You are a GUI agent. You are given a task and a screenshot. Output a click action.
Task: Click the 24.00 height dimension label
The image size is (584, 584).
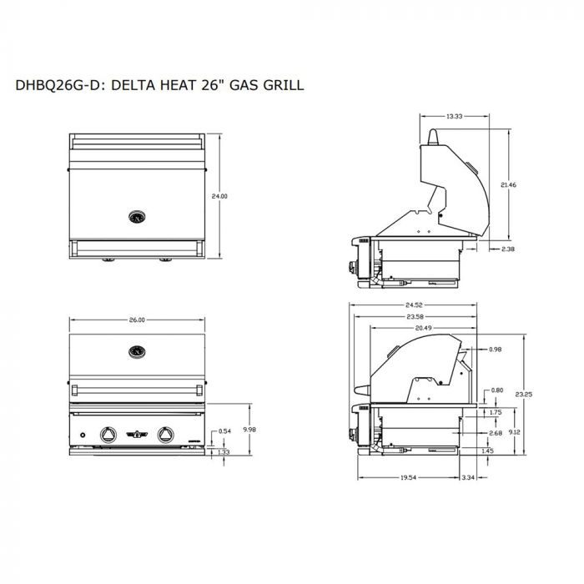point(219,196)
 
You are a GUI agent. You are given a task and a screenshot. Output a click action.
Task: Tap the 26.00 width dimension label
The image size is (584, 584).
point(137,320)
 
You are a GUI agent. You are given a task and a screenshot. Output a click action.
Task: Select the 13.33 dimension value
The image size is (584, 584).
point(455,116)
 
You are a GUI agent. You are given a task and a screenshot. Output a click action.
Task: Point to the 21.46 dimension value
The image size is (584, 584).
point(508,184)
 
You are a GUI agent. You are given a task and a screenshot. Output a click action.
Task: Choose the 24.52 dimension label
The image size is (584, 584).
point(414,305)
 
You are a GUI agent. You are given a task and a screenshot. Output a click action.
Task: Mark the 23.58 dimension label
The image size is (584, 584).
point(415,317)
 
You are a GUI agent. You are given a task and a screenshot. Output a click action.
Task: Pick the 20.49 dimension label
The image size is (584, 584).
point(424,328)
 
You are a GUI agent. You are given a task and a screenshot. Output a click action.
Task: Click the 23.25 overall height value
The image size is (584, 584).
point(524,394)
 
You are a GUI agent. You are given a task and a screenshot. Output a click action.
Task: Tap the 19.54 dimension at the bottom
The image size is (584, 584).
point(408,477)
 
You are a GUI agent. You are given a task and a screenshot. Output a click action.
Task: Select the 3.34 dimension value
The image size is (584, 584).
point(468,477)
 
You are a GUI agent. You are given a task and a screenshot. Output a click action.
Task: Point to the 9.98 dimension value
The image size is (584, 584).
point(249,430)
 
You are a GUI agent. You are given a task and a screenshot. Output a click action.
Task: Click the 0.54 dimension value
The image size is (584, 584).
point(224,431)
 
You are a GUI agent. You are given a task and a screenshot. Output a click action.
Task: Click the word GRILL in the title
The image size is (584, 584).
point(284,85)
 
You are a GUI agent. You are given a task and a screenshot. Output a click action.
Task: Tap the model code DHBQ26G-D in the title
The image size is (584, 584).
point(58,85)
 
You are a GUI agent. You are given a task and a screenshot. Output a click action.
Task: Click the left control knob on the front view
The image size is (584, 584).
point(108,435)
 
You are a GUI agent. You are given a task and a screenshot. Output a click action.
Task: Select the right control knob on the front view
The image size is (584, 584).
point(165,435)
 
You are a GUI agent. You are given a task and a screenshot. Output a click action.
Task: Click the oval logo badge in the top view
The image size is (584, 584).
point(137,217)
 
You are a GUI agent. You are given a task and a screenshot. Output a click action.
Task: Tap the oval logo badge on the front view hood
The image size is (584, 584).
point(137,351)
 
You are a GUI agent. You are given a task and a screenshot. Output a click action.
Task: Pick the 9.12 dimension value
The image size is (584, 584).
point(515,432)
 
